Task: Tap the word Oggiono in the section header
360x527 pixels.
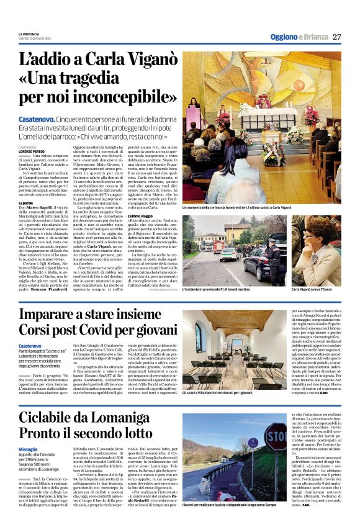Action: pyautogui.click(x=284, y=37)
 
